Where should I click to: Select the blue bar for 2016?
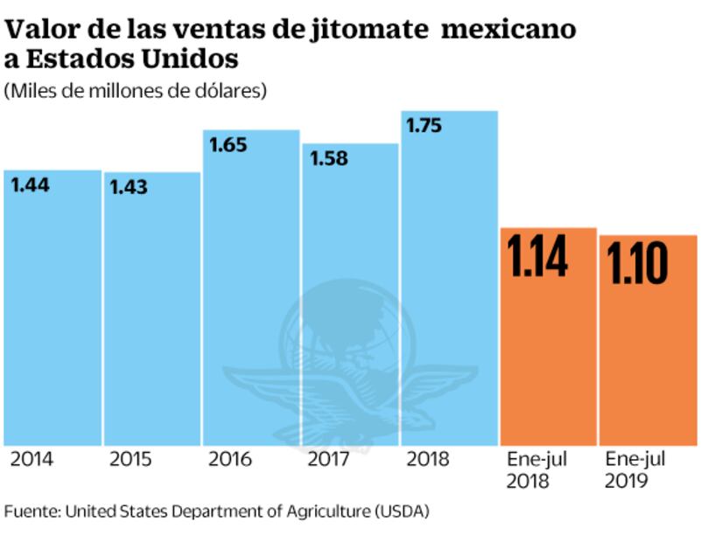(251, 288)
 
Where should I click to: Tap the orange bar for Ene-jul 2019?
(648, 350)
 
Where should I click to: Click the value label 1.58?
(329, 158)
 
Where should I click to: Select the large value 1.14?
(539, 256)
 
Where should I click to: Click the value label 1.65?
(229, 145)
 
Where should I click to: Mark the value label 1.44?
(30, 184)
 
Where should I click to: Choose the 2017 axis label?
(327, 459)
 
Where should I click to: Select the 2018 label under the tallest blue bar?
(426, 459)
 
